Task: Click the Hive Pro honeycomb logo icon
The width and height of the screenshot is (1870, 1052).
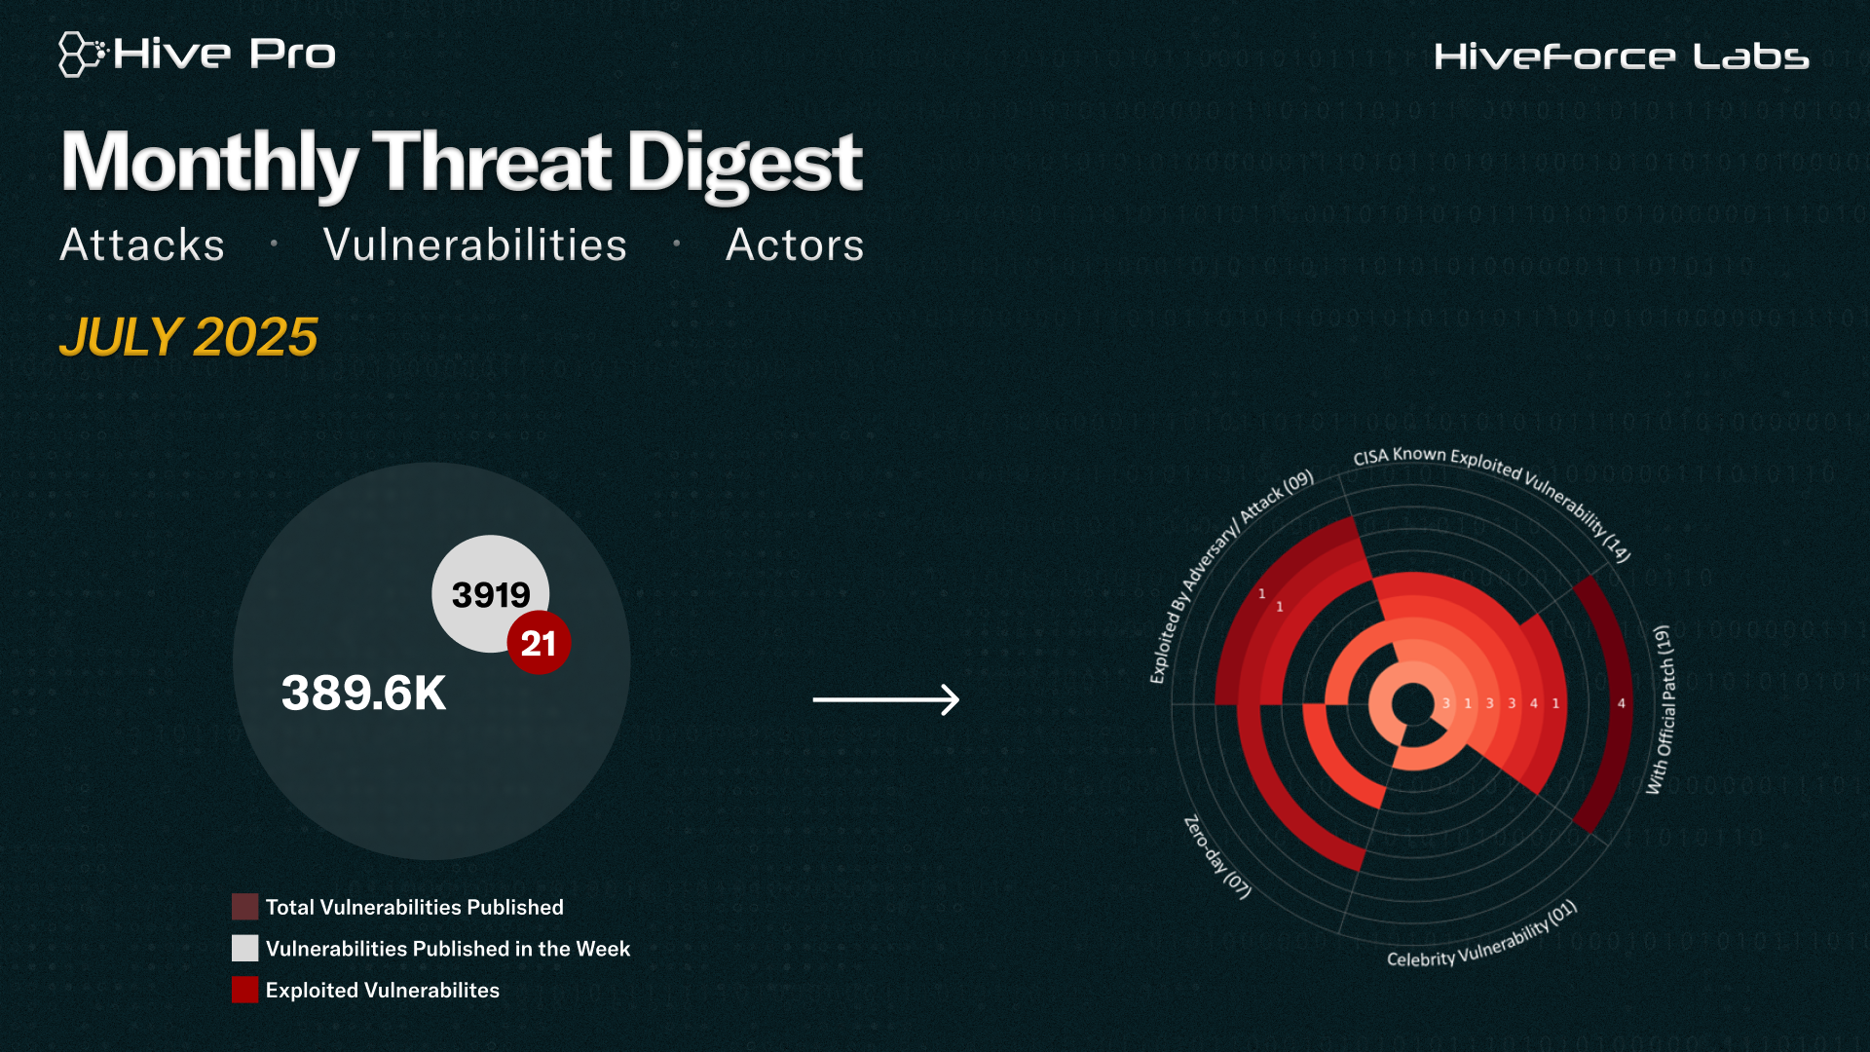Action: pos(82,54)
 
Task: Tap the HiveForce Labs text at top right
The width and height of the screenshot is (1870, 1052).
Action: pos(1622,56)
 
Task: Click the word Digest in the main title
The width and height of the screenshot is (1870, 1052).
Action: pos(745,164)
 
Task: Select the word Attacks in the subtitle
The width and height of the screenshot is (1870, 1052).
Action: pos(142,244)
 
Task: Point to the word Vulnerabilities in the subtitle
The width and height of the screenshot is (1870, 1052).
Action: pos(475,244)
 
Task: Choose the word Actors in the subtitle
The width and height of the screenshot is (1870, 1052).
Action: pos(795,244)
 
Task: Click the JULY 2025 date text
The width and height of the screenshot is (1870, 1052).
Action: pos(189,337)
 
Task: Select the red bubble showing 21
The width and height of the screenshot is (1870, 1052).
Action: pos(539,643)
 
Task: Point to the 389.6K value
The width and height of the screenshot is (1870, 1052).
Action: pos(363,694)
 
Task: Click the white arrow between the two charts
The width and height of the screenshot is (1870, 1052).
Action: pos(886,699)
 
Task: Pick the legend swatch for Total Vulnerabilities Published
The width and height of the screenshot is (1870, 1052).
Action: pos(244,907)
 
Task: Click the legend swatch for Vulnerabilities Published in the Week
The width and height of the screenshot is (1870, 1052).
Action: pos(244,948)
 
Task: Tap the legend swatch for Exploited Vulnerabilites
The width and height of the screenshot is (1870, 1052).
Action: pos(244,990)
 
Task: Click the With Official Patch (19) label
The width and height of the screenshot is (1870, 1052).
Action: pos(1662,709)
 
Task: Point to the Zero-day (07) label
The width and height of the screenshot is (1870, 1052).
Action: pos(1216,858)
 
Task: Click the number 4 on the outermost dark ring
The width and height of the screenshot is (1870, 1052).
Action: pos(1622,703)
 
